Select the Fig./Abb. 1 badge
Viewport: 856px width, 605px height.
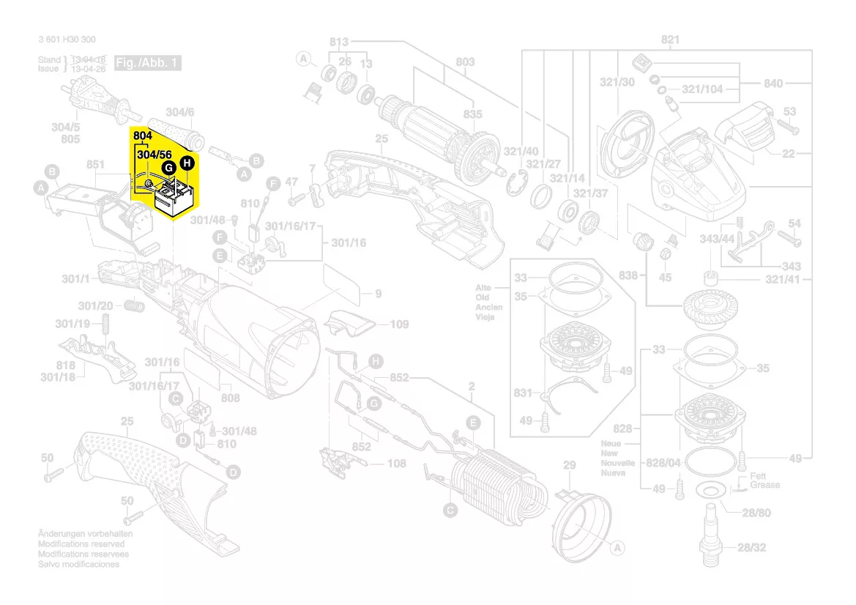(148, 64)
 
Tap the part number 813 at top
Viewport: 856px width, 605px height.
(339, 42)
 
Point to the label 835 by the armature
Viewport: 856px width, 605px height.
(472, 114)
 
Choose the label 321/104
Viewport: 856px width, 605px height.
(701, 89)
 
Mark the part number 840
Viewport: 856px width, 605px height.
(773, 83)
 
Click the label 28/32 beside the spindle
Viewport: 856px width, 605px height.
(753, 547)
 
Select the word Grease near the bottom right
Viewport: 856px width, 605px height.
(764, 485)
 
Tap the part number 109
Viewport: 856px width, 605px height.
(399, 324)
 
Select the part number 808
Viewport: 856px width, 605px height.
(230, 398)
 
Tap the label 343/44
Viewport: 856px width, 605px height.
(717, 240)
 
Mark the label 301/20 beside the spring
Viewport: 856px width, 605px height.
(95, 305)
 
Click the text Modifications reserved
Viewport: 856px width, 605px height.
(81, 544)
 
